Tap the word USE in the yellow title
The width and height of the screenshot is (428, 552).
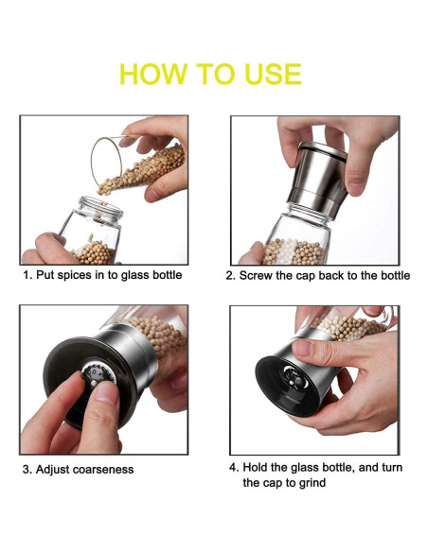(x=273, y=74)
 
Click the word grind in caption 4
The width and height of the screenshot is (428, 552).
(x=312, y=483)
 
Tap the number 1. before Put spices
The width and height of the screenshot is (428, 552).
(x=27, y=275)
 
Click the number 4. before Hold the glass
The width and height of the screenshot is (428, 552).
(x=234, y=468)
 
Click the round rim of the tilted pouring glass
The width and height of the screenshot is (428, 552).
(x=93, y=160)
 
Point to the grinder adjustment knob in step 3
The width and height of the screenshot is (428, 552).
(x=98, y=374)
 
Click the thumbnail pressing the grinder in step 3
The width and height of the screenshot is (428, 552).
(x=107, y=393)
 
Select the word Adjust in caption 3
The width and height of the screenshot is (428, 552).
(x=52, y=469)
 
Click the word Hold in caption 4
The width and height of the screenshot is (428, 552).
(x=255, y=468)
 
